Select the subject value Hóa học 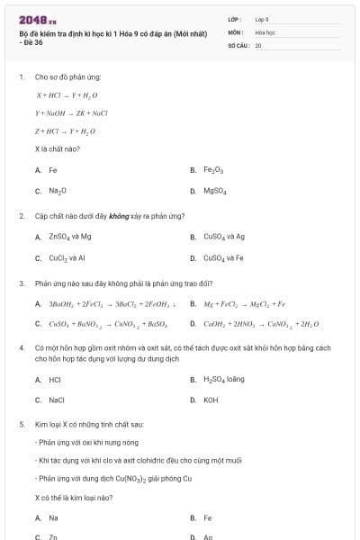pos(265,31)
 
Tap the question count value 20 pos(258,45)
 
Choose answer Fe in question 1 pos(53,169)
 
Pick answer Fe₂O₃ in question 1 pos(212,169)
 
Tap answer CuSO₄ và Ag pos(224,237)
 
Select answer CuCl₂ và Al pos(67,258)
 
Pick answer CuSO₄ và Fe pos(224,258)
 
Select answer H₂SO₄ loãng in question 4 pos(224,379)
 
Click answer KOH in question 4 pos(211,400)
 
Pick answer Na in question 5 pos(53,517)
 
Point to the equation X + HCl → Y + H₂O pos(67,94)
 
